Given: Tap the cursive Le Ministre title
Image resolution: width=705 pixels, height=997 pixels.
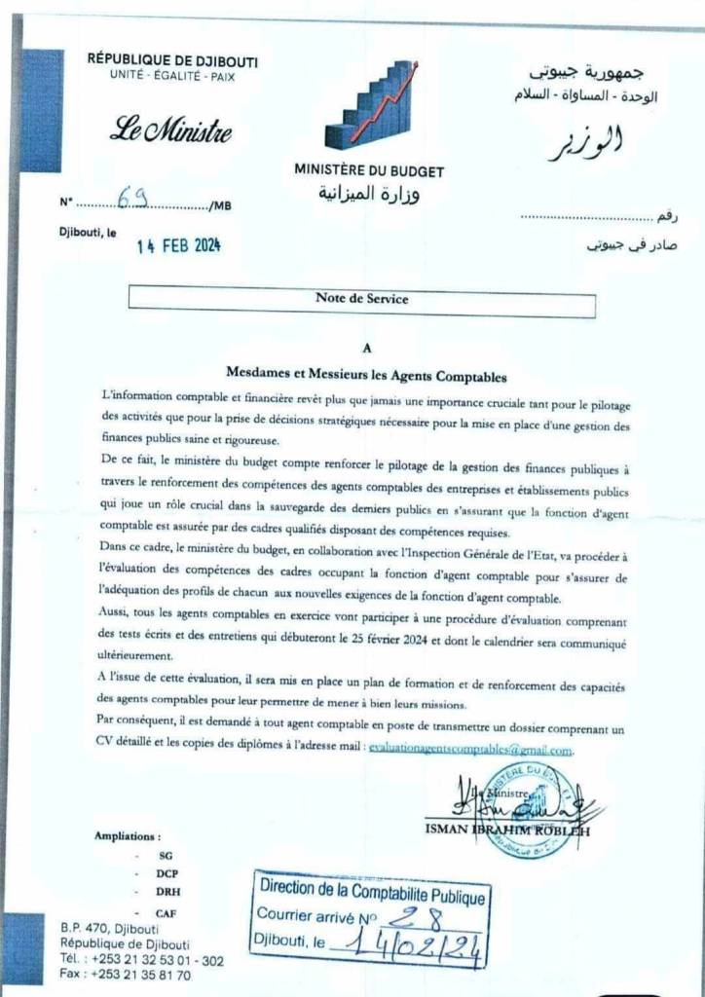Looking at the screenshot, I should pos(171,129).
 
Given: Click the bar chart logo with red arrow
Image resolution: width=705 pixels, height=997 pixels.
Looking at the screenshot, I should pos(370,104).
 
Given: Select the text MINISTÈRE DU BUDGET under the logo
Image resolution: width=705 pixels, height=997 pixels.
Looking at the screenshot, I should pos(369,171).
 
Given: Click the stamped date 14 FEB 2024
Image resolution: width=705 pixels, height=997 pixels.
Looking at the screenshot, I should pos(178,247).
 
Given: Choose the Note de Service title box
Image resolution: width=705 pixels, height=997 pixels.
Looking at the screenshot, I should pos(361,300).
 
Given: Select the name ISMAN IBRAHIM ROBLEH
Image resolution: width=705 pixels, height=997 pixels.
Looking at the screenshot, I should pos(506,830).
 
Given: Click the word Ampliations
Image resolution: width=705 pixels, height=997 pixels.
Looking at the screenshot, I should pos(128,835).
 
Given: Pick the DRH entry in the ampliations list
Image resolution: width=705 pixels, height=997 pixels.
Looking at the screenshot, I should pos(167,891).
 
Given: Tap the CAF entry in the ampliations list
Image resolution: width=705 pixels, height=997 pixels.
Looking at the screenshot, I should pos(167,912).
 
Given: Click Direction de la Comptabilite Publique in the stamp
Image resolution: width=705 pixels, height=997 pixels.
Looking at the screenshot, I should pos(370,890).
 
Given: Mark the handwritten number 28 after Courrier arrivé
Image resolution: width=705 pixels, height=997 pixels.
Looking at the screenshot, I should pos(425,916).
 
